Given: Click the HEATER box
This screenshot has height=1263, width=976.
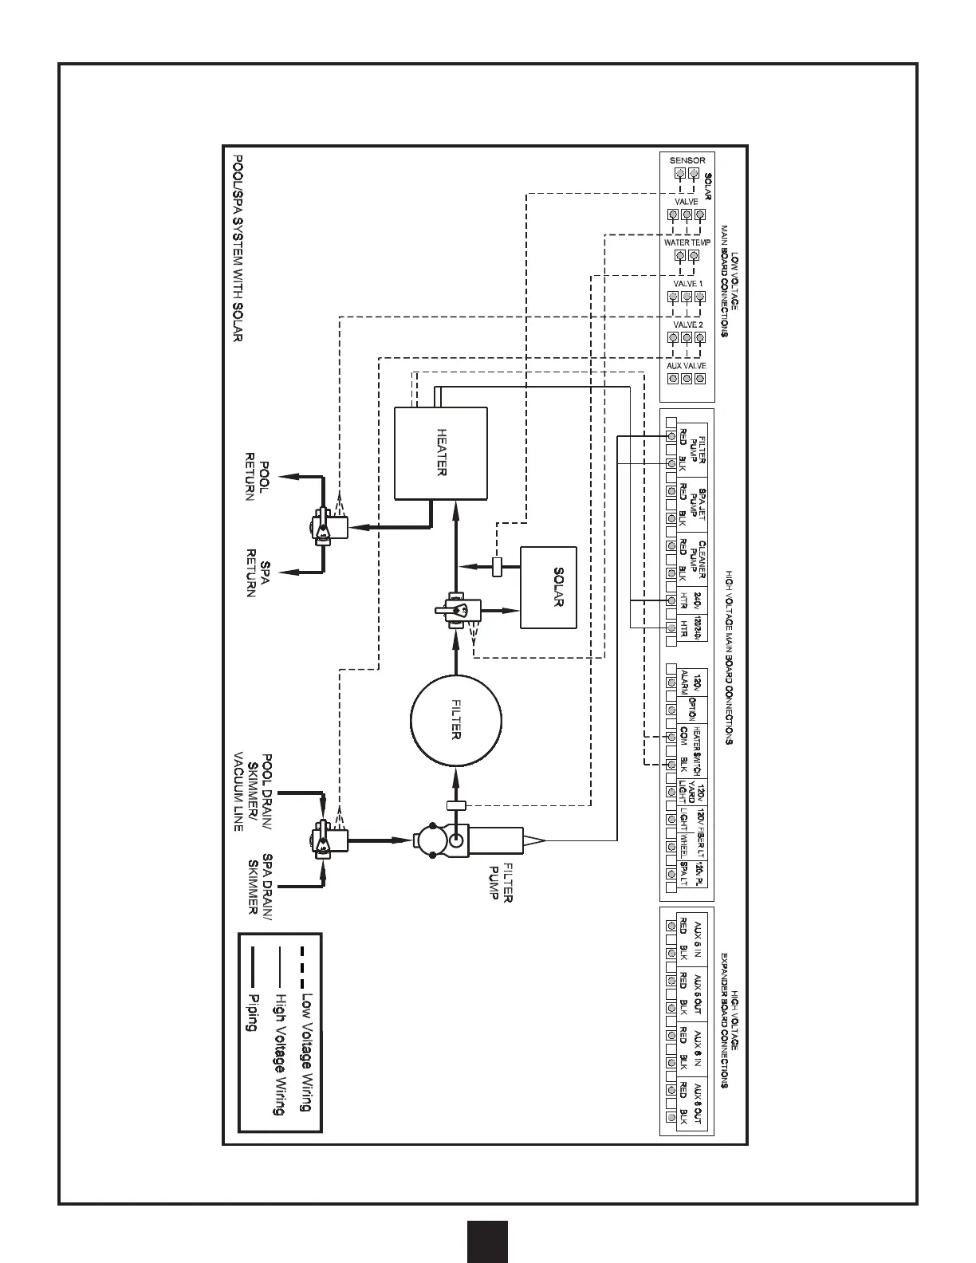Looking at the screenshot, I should click(x=441, y=452).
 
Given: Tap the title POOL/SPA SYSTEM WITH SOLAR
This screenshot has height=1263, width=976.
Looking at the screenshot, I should click(x=236, y=247).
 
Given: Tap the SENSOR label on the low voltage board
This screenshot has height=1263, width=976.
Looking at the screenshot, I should click(x=687, y=160).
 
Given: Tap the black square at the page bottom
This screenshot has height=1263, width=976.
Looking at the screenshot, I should click(x=487, y=1241).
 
